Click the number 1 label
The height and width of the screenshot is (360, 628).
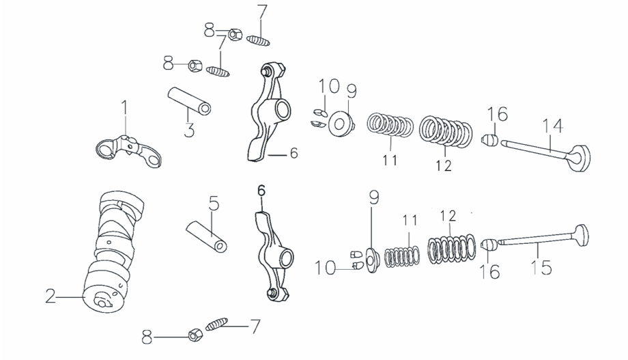(124, 107)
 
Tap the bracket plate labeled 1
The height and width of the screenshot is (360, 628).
(128, 151)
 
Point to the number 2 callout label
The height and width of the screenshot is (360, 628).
(51, 296)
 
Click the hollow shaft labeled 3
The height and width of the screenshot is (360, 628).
(189, 101)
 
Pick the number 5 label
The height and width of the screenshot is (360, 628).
(214, 204)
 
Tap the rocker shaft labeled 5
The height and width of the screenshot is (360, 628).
(207, 236)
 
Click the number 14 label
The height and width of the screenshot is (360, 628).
(553, 126)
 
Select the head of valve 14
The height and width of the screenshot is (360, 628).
(581, 158)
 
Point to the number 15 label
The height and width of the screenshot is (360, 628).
(541, 267)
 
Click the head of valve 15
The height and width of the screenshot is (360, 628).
(582, 236)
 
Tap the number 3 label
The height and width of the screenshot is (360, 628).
(189, 130)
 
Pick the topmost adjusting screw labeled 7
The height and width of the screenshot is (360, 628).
(258, 40)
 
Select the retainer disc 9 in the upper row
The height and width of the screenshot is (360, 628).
(341, 124)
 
